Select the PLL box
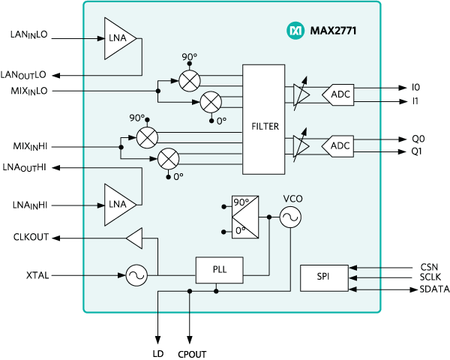click(219, 270)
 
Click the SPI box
click(323, 277)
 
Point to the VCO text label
click(292, 198)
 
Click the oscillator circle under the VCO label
click(289, 217)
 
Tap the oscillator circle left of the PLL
click(136, 276)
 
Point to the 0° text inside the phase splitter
click(241, 231)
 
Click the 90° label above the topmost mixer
click(188, 58)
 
